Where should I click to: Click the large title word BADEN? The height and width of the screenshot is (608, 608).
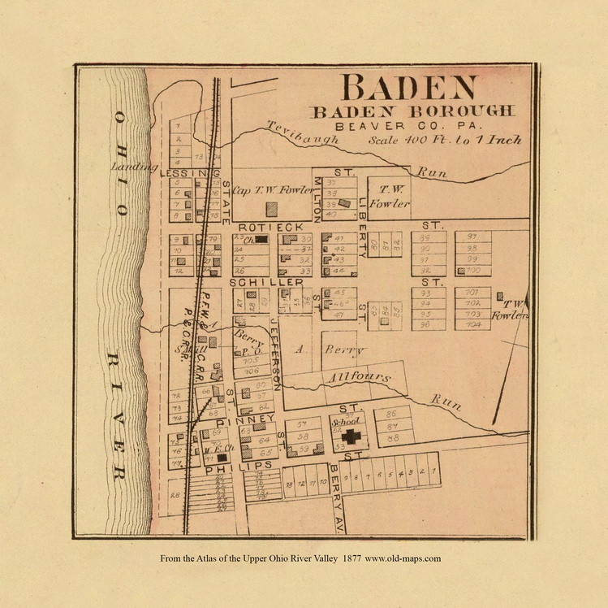408,88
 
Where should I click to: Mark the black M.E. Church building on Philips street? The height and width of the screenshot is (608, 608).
221,458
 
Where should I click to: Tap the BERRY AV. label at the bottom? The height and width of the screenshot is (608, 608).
337,504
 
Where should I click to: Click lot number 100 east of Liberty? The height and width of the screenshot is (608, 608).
474,270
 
